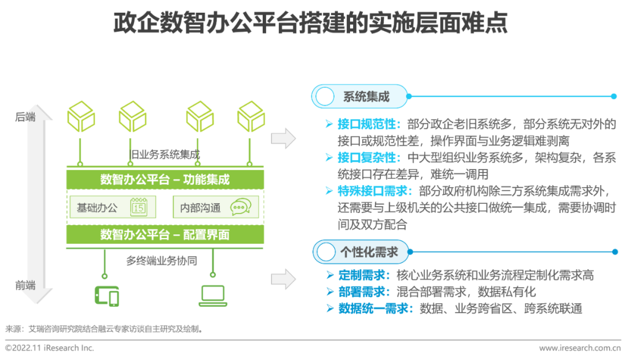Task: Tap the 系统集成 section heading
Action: tap(366, 97)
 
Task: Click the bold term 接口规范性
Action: tap(369, 124)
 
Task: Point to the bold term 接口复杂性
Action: tap(369, 158)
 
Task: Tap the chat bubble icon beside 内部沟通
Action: tap(240, 207)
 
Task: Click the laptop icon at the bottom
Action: tap(213, 295)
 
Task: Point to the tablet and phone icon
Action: tap(106, 296)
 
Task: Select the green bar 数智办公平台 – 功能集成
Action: tap(165, 179)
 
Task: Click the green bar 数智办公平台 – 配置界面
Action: tap(165, 234)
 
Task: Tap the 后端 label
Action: tap(25, 117)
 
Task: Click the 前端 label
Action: tap(25, 285)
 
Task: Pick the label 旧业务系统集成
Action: tap(165, 155)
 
